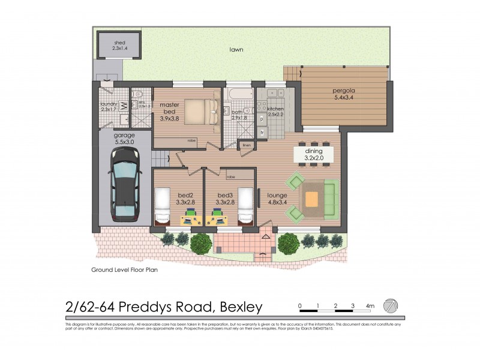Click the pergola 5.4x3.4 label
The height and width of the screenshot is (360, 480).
(344, 96)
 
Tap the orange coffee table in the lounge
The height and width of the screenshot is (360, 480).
(311, 198)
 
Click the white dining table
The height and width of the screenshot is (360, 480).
(314, 154)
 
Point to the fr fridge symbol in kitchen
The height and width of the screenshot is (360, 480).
(262, 131)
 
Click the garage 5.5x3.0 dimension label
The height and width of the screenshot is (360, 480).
(125, 139)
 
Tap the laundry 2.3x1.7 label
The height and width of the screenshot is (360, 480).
(108, 106)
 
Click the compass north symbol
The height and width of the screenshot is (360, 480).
(390, 305)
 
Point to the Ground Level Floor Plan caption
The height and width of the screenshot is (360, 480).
(124, 270)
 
